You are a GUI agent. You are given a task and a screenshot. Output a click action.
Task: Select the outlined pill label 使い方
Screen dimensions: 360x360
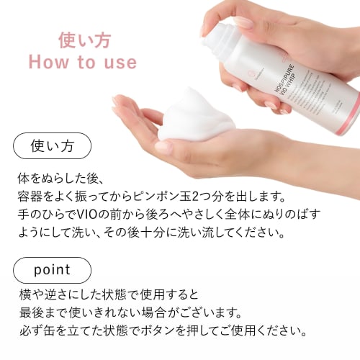[x=53, y=146]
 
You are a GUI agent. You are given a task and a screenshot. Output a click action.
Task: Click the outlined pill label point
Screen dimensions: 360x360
[x=53, y=270]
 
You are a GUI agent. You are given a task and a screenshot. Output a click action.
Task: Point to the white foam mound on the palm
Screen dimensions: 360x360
[x=194, y=119]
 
